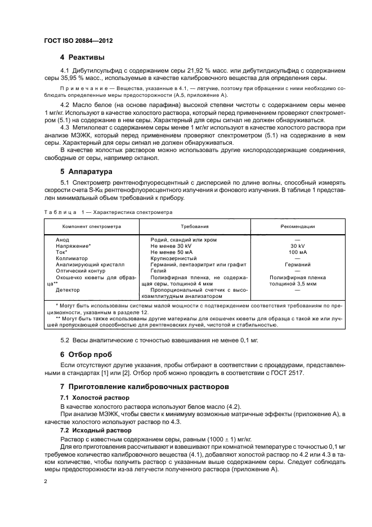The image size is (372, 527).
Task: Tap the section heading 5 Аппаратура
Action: (x=87, y=171)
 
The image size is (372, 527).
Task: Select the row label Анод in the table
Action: (x=62, y=239)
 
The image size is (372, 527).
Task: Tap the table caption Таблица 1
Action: (x=60, y=212)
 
